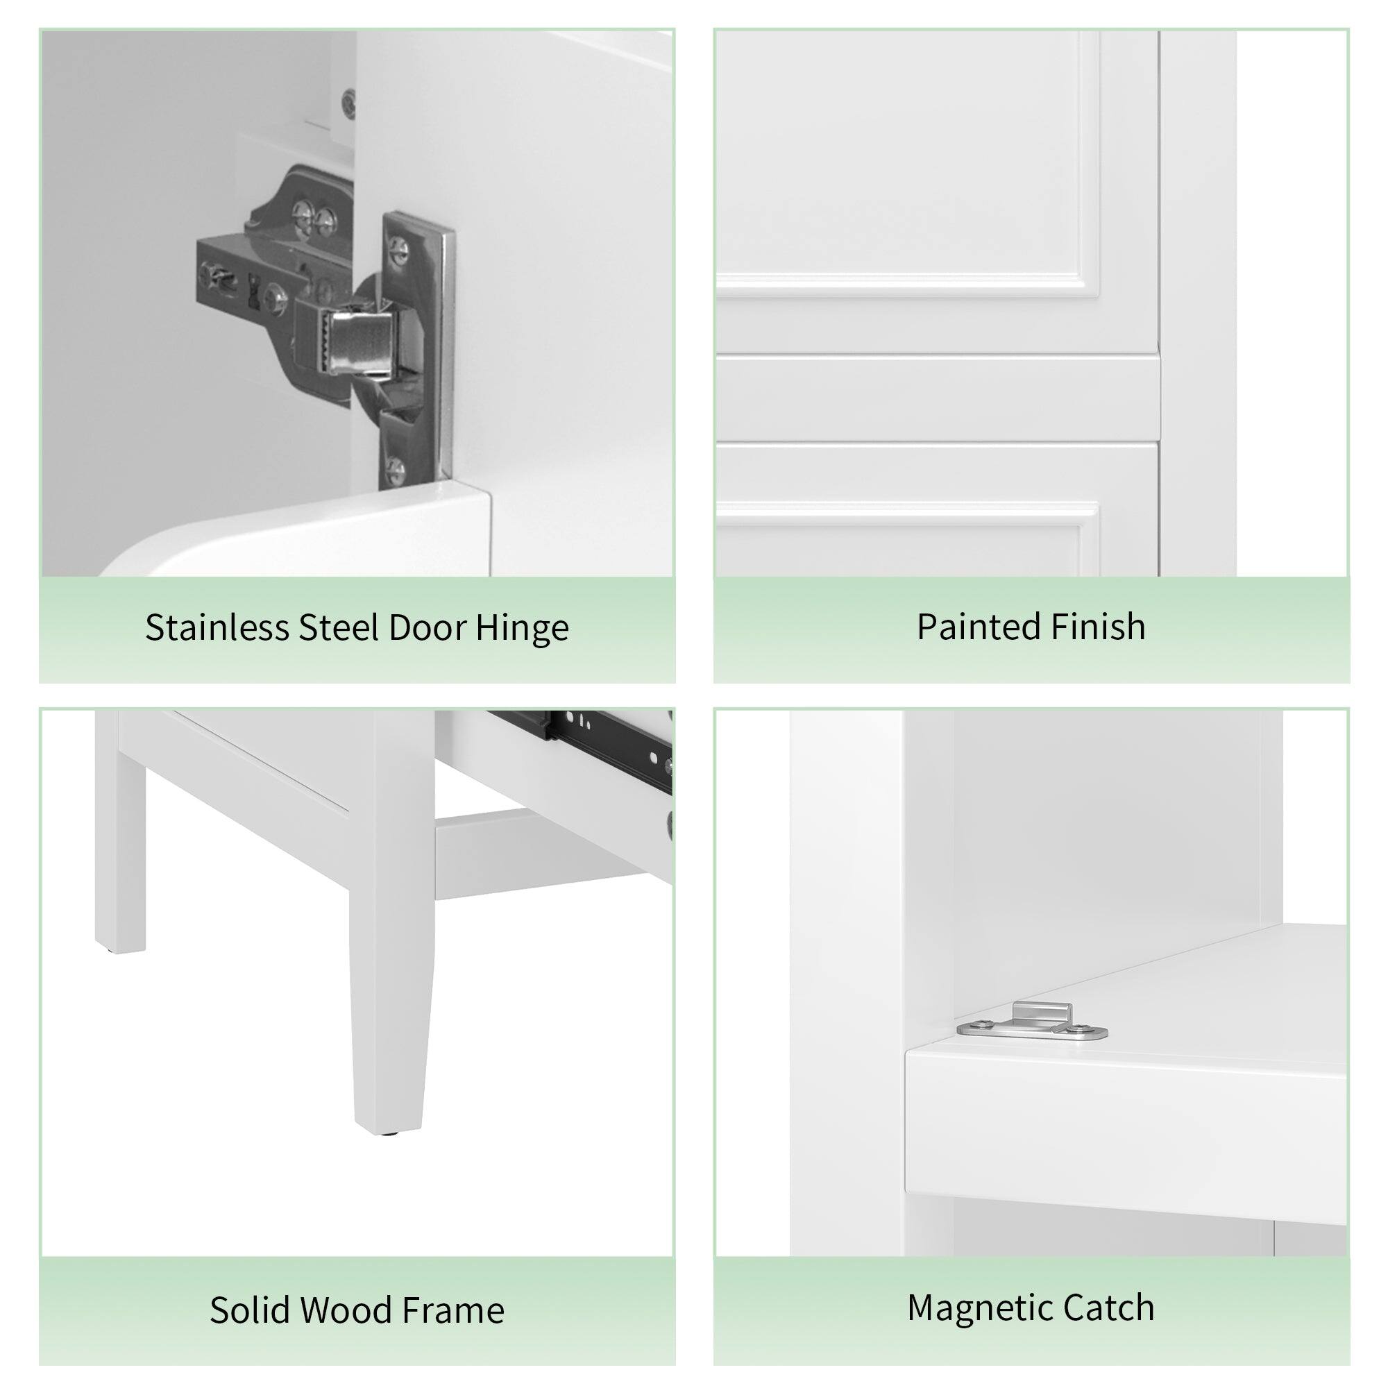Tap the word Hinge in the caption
[x=523, y=629]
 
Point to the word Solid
[x=248, y=1310]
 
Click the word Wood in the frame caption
[x=346, y=1310]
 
